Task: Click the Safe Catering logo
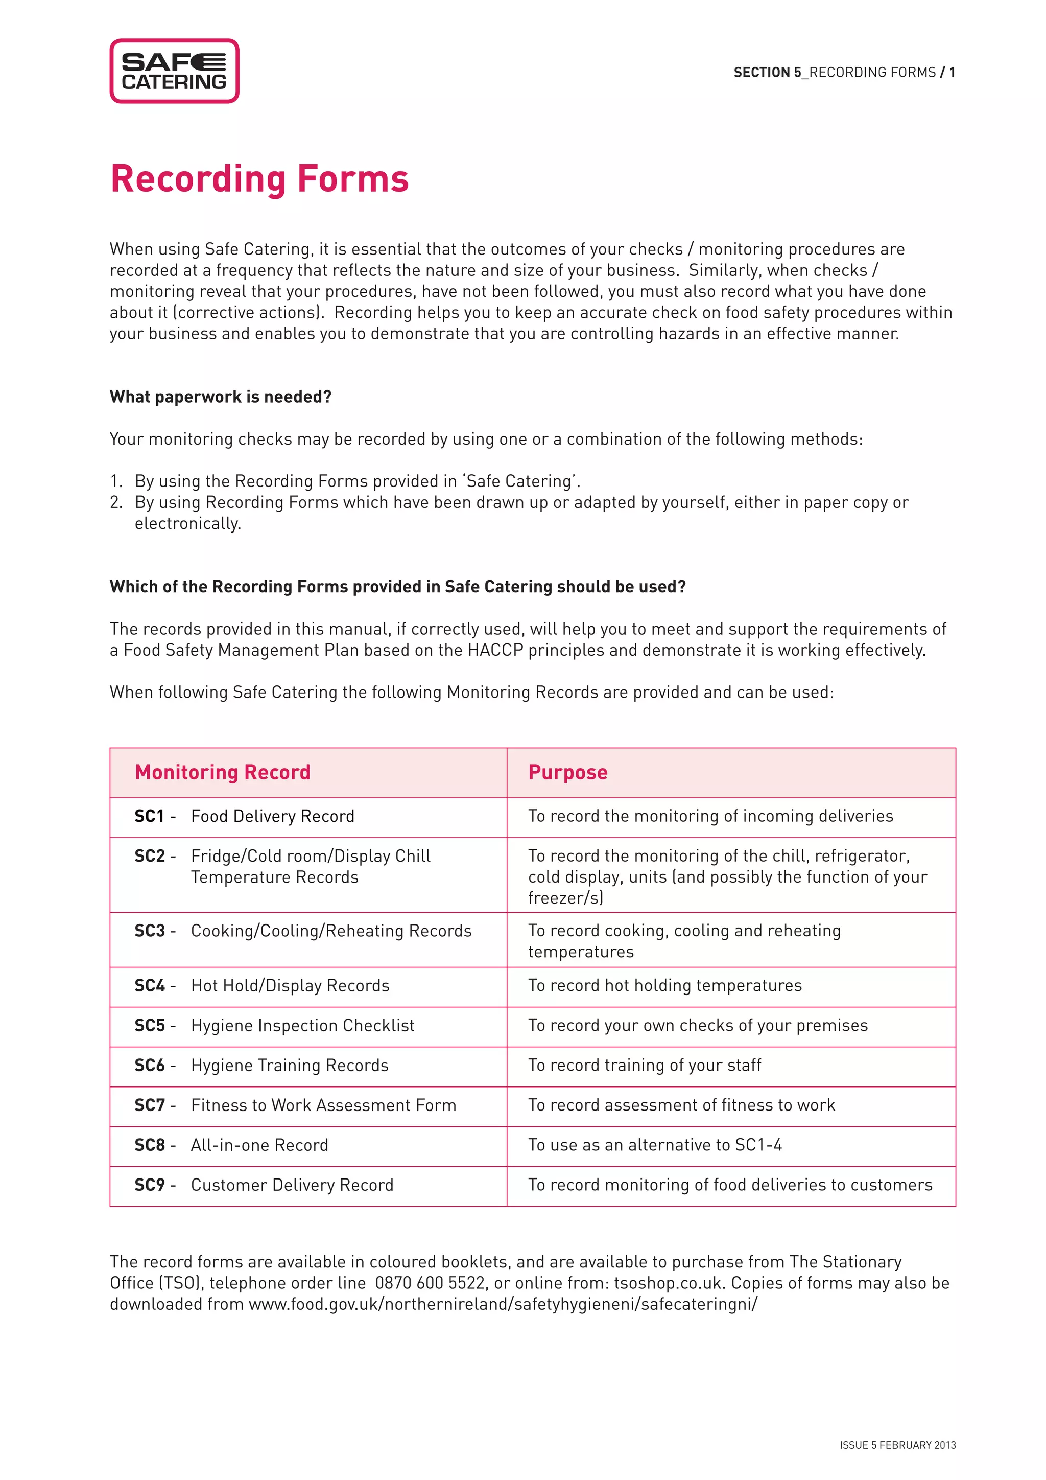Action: (174, 71)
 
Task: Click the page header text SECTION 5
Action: (767, 72)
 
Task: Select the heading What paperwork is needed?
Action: (220, 397)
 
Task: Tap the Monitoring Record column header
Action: (222, 772)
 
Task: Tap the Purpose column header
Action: (567, 772)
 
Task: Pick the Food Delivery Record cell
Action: (272, 816)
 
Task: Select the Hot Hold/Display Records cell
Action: (290, 986)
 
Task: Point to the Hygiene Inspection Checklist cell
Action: (303, 1026)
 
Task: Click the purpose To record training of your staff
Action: (644, 1066)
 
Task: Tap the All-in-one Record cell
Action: (259, 1145)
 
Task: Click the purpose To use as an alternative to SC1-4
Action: (654, 1145)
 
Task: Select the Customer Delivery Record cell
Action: (292, 1186)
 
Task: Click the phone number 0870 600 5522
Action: (430, 1283)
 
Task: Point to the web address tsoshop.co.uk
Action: (667, 1283)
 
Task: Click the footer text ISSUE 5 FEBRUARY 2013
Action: (897, 1445)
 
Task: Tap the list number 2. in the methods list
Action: (116, 502)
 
